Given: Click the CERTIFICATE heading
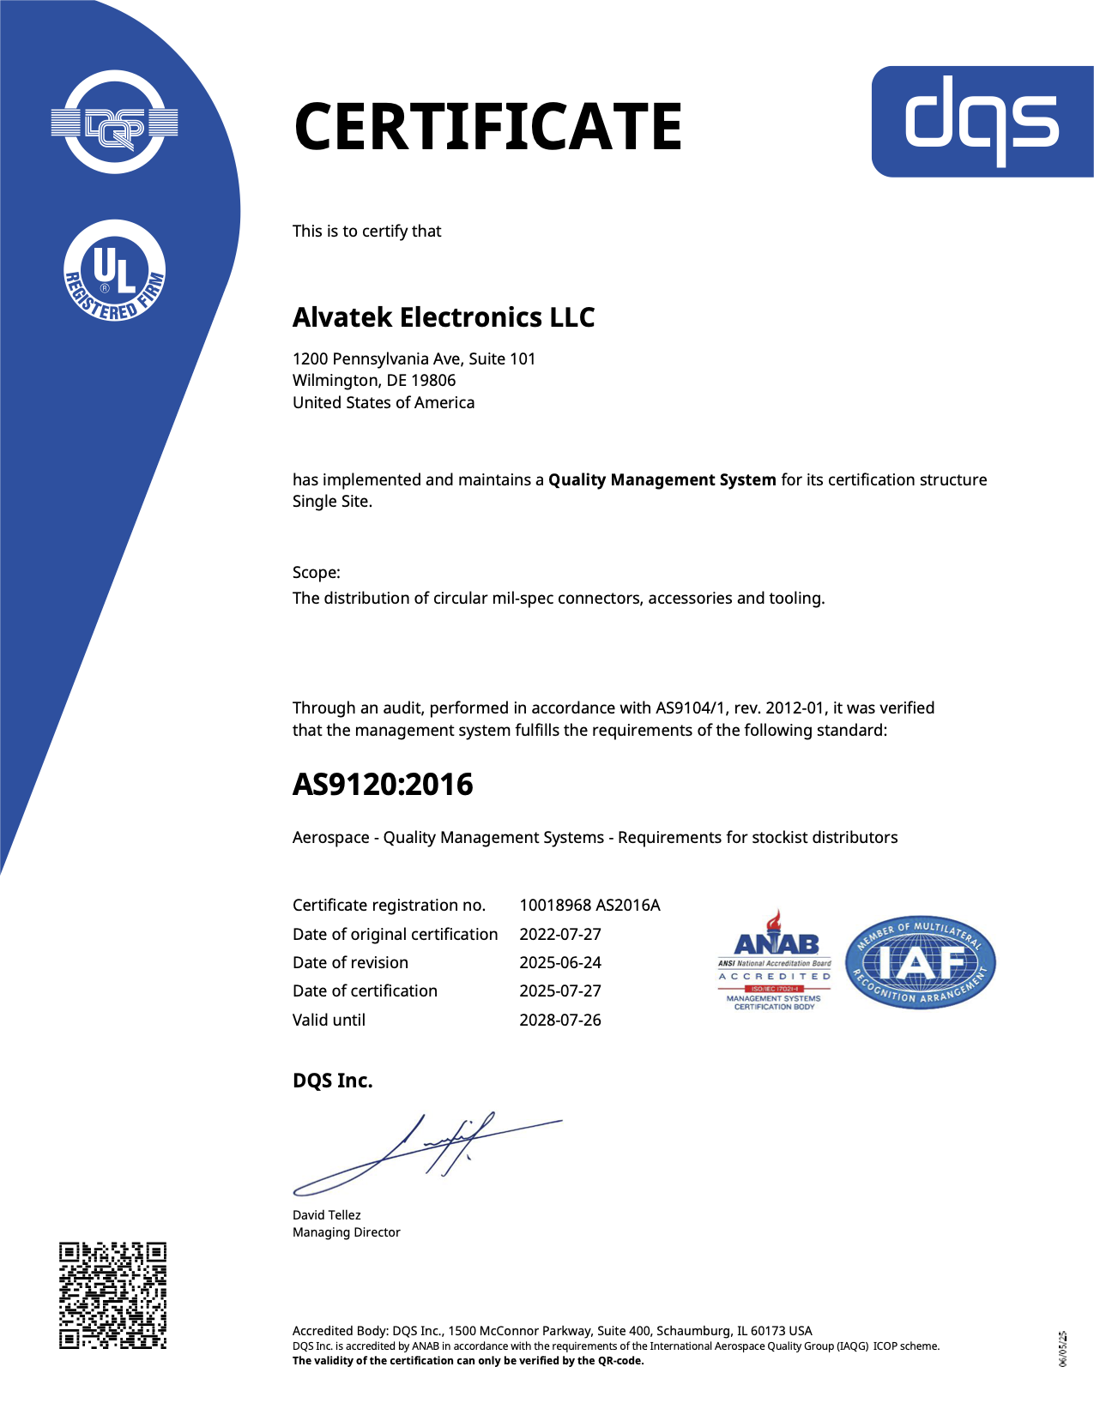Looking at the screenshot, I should click(x=487, y=127).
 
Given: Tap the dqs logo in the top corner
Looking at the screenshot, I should click(x=982, y=121).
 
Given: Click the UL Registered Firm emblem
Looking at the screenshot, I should click(x=115, y=271).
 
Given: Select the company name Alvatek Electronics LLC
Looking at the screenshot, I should click(x=444, y=317).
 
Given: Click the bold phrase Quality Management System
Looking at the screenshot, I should click(x=662, y=480).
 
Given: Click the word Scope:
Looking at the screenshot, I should click(x=316, y=573).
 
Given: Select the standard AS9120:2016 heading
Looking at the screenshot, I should click(x=383, y=785).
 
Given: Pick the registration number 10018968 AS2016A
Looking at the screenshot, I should click(x=589, y=906).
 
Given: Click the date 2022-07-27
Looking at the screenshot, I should click(x=560, y=935).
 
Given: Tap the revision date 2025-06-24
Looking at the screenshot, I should click(x=560, y=963).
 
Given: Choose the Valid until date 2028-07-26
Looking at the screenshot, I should click(x=560, y=1021).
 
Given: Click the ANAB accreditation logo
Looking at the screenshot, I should click(x=775, y=960).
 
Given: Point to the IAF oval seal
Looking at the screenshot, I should click(x=920, y=961).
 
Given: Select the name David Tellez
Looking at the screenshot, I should click(x=326, y=1215).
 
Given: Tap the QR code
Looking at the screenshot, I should click(x=112, y=1295).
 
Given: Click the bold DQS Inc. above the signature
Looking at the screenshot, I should click(x=333, y=1081).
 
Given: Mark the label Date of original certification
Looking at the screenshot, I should click(x=395, y=935).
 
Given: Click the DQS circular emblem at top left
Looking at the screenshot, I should click(x=115, y=123).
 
